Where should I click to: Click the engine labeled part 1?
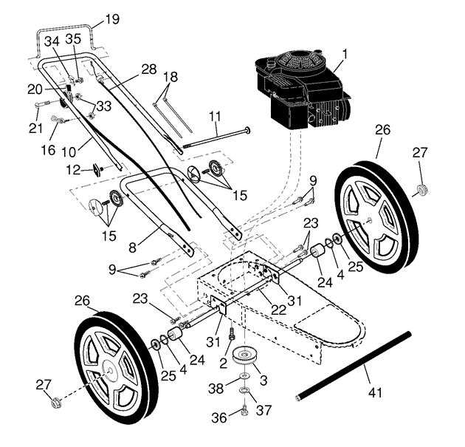pos(303,89)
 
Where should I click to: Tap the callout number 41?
pos(375,392)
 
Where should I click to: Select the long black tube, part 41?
pos(354,366)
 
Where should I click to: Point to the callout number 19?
pos(112,19)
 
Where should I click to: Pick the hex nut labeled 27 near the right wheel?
pos(422,189)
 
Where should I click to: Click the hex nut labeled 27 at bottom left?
pos(56,403)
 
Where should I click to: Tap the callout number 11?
pos(215,116)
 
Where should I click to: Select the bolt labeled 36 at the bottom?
pos(244,411)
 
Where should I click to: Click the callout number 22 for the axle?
pos(279,310)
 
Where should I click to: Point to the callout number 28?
pos(149,69)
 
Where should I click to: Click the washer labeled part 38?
pos(244,376)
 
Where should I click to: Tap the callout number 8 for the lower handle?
pos(133,248)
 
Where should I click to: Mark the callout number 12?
pos(73,170)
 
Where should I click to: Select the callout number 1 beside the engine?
pos(344,55)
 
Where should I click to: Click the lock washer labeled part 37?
pos(244,389)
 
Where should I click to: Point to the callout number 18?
pos(170,77)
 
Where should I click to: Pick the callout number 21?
pos(35,128)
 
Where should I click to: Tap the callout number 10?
pos(69,152)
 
